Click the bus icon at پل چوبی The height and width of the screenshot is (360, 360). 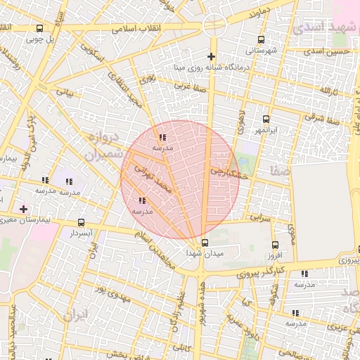point(39,29)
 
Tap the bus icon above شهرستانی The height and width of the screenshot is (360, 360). point(262,39)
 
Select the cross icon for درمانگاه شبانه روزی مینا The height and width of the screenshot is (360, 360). point(210,56)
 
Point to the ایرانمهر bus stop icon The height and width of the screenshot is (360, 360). point(266,119)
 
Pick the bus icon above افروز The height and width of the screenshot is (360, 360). point(275,245)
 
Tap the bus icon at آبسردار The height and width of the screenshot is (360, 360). point(82,222)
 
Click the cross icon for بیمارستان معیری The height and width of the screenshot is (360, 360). point(24,209)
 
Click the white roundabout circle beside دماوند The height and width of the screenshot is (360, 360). point(214,25)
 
